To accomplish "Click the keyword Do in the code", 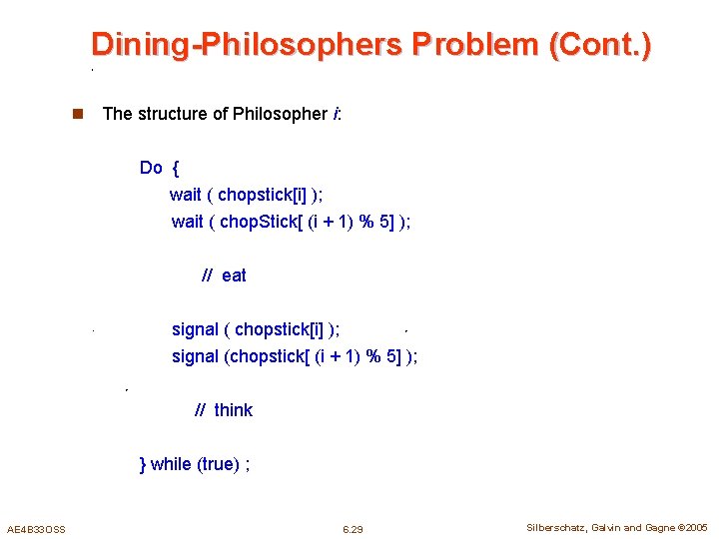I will coord(151,168).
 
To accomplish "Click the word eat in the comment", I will coord(234,275).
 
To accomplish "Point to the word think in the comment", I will coord(234,410).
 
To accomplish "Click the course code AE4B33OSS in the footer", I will coord(36,529).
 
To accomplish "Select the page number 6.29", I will coord(353,529).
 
